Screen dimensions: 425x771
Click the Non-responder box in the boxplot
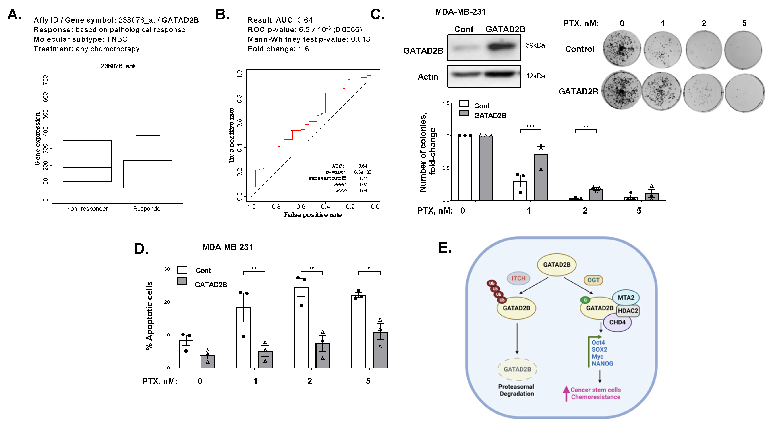point(87,161)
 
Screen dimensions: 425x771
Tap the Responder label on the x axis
point(147,209)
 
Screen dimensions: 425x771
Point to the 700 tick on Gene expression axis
point(46,80)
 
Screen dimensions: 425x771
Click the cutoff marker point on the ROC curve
point(292,131)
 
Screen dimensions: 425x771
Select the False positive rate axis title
point(313,215)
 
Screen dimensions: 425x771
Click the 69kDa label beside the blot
point(535,45)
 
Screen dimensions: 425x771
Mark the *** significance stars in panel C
point(530,127)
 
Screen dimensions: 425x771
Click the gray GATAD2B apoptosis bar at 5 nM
point(380,350)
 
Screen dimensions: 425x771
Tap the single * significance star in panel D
point(369,269)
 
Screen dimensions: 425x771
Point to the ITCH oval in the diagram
point(518,278)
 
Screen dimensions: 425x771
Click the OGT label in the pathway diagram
point(593,280)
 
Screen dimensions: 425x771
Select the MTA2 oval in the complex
point(626,298)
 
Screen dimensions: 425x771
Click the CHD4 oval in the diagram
point(617,322)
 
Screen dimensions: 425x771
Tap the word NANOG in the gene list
point(602,364)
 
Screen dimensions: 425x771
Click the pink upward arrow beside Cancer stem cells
point(566,393)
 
